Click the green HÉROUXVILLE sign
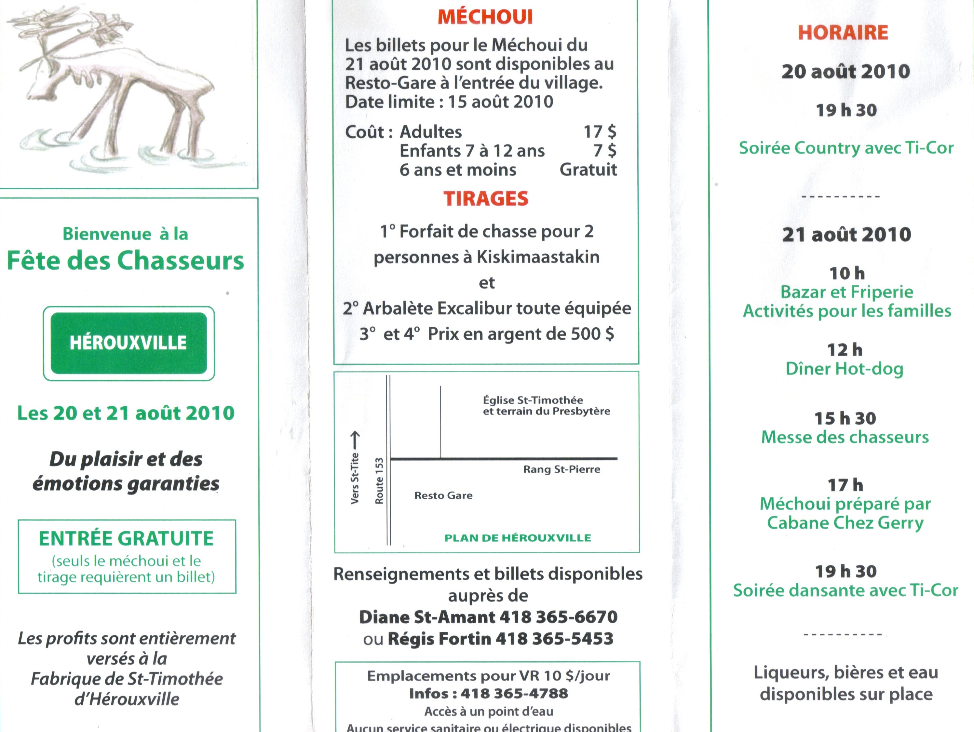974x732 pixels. tap(128, 343)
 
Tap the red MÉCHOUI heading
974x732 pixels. tap(485, 17)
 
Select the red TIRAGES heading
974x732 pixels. tap(486, 199)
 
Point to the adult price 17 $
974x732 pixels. tap(600, 132)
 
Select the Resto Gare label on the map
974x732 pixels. tap(443, 495)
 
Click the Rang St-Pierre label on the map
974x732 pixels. tap(561, 469)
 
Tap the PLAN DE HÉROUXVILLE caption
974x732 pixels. tap(517, 538)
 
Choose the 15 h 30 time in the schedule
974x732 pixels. tap(845, 418)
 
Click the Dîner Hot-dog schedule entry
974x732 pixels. tap(844, 369)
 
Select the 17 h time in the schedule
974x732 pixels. tap(845, 485)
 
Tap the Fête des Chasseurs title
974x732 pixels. tap(126, 260)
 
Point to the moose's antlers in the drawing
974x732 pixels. tap(88, 26)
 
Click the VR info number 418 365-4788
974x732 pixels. tap(514, 694)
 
